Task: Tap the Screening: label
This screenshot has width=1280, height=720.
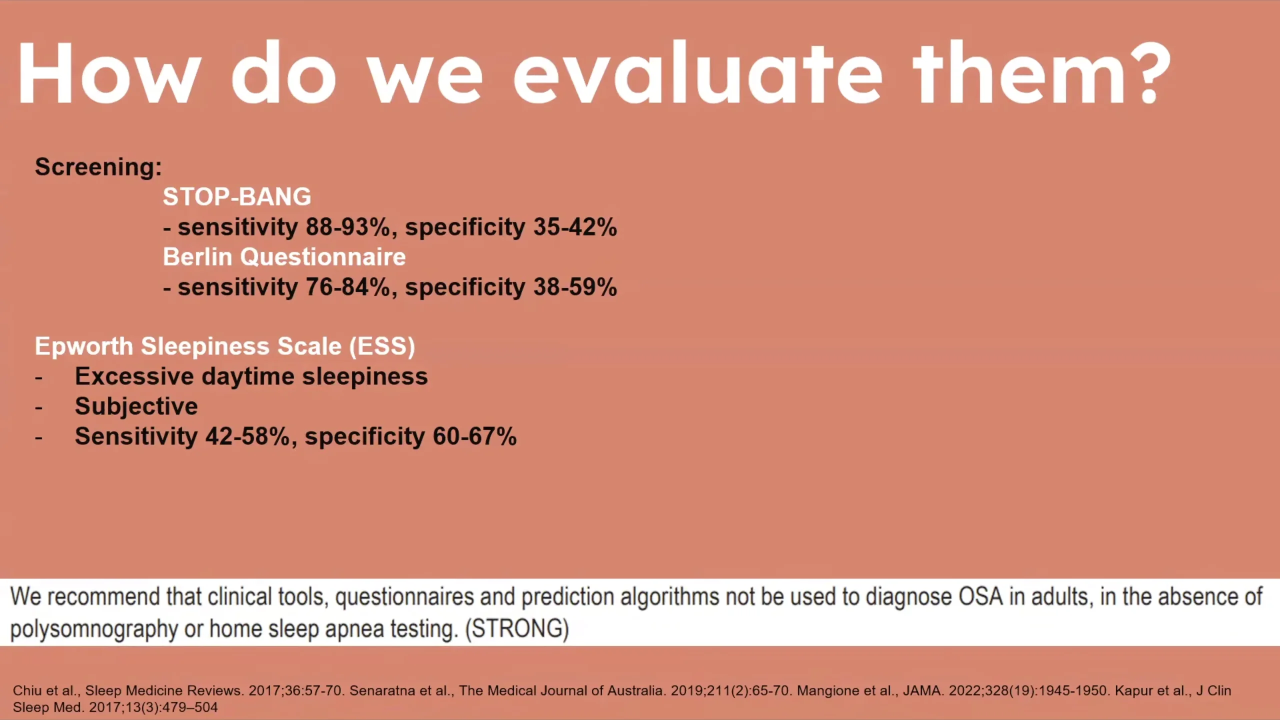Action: [x=98, y=167]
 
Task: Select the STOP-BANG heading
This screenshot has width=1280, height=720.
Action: [x=237, y=196]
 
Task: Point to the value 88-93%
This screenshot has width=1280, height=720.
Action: [x=348, y=227]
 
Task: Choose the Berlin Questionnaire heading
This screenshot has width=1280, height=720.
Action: [x=284, y=257]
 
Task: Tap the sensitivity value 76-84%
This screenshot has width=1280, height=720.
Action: [x=348, y=287]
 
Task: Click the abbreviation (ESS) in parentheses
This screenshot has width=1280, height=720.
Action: [x=382, y=346]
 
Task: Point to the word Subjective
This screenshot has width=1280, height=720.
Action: [x=136, y=406]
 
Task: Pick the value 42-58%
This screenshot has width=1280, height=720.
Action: [x=248, y=436]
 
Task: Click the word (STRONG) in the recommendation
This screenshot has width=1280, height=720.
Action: [x=517, y=628]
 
